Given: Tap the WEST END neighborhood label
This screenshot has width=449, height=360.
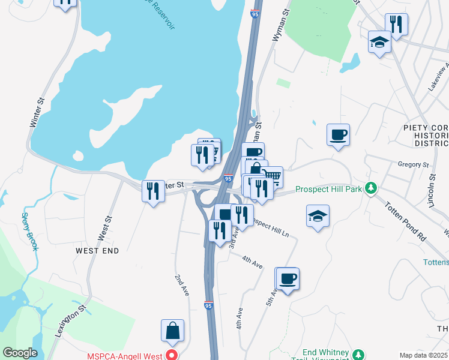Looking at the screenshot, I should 97,250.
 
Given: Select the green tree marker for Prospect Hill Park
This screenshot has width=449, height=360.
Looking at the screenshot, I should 372,188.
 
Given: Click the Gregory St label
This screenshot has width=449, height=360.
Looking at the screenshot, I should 414,164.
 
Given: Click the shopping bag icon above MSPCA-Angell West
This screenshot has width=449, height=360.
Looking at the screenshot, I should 172,331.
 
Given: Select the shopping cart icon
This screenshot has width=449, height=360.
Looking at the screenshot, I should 272,176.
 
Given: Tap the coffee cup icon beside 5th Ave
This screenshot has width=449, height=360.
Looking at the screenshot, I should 288,279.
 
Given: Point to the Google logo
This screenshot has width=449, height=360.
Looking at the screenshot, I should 20,353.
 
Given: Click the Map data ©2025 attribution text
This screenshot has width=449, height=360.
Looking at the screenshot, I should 423,355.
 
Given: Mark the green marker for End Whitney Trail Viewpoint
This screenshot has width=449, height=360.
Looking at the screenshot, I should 358,354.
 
